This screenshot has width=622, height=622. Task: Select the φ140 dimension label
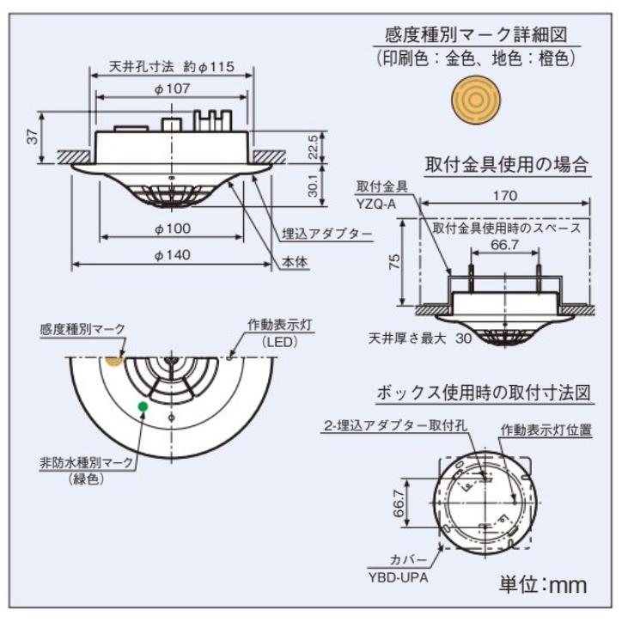pos(172,255)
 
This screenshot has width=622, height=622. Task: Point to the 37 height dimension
pos(33,136)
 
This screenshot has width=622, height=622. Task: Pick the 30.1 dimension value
pos(314,184)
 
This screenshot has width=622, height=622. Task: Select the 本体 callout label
pos(296,265)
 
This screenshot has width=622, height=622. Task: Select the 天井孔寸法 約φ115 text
pos(172,66)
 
